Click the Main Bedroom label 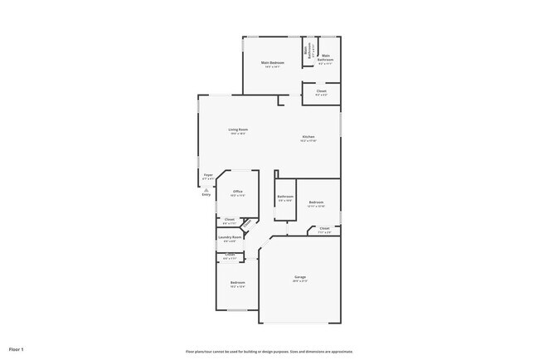pos(273,63)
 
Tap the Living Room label pos(239,129)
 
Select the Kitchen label pos(308,136)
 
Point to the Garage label pos(300,276)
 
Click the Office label pos(237,192)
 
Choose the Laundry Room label pos(230,237)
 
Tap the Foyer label pos(208,175)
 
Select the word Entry pos(206,194)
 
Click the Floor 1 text pos(17,350)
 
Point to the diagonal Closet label pos(245,222)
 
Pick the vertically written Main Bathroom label pos(306,51)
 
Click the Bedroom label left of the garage pos(238,283)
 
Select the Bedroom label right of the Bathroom pos(316,202)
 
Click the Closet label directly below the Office pos(230,219)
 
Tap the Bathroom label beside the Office pos(285,197)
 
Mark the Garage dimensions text pos(300,281)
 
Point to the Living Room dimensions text pos(239,134)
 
